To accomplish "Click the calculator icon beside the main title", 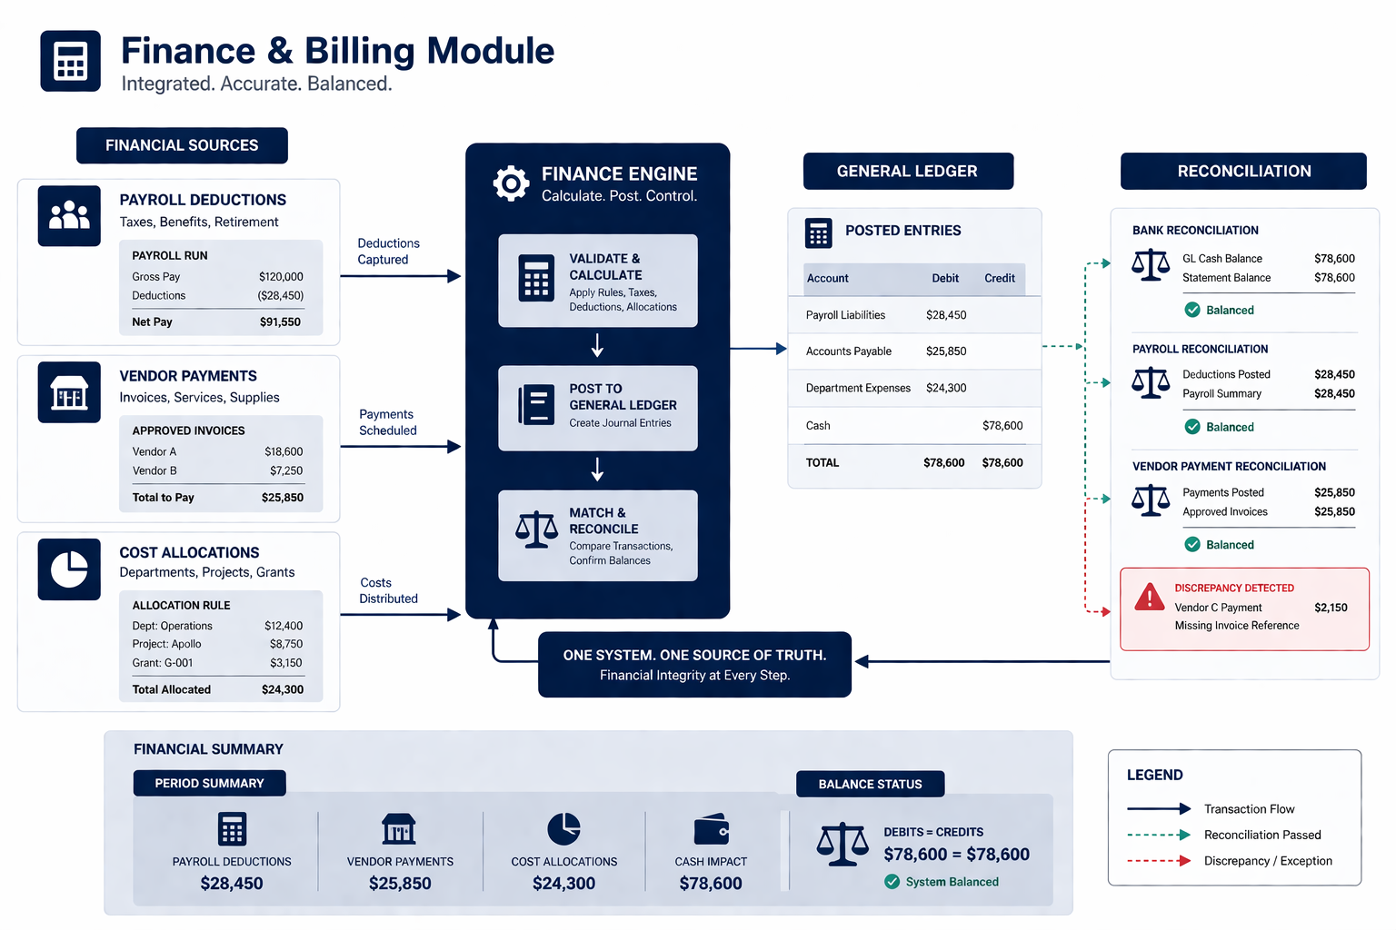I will pos(70,61).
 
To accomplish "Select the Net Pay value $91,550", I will pos(280,322).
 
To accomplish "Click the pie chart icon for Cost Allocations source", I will pos(69,569).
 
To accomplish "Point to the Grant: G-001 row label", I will pos(163,663).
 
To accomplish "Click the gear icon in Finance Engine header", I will pos(511,183).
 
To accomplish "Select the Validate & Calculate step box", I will pos(597,281).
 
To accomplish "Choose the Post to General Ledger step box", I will pos(597,408).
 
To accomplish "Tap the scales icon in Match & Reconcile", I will pos(536,529).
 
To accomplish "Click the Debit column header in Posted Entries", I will pos(945,278).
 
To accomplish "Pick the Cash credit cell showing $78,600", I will pos(1002,425).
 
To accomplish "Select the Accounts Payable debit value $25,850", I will pos(946,351).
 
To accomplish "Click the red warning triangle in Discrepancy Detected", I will pos(1150,598).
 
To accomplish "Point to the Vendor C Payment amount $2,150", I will pos(1331,608).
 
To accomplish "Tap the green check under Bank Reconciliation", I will pos(1192,310).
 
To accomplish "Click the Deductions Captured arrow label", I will pos(388,252).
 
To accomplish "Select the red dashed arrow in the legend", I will pos(1159,861).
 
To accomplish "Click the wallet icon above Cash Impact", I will pos(711,829).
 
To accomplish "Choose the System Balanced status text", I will pos(952,882).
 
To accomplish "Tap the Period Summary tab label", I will pos(209,783).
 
